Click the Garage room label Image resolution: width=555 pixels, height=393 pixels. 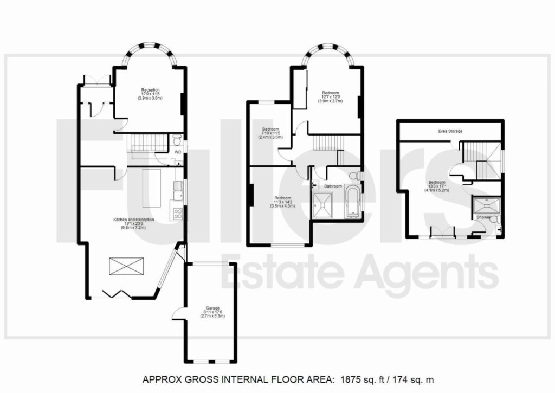coord(209,307)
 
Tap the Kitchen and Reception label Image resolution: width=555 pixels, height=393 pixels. coord(133,219)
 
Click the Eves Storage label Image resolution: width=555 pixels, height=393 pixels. coord(450,132)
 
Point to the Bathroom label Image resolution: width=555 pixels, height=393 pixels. coord(333,186)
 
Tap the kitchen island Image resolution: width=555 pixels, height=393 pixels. coord(152,188)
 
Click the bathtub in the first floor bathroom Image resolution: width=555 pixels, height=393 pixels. coord(353,201)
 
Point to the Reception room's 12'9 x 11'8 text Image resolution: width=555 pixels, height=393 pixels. coord(150,94)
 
